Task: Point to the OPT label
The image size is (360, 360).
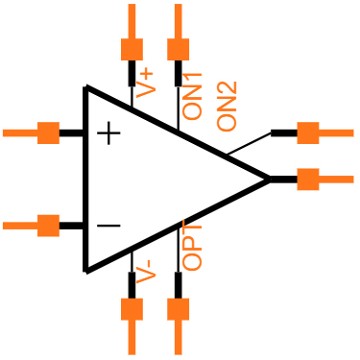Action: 193,248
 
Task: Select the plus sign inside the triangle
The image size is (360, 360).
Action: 109,132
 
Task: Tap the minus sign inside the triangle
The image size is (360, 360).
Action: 109,226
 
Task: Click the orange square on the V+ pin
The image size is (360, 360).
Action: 132,49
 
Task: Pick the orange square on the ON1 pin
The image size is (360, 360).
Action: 178,49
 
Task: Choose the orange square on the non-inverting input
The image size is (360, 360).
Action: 48,132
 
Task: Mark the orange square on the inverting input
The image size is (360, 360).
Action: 48,226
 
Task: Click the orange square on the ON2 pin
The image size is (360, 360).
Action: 307,132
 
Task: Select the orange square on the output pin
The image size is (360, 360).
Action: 307,179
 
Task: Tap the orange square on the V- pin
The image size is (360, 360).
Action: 132,309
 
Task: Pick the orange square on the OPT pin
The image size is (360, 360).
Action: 178,309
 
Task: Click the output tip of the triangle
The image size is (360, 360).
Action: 269,179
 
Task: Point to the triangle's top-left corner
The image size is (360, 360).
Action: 86,88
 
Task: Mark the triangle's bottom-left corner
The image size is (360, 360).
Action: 86,270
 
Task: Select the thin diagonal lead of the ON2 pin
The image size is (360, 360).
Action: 249,143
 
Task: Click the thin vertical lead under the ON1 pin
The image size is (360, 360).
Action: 178,108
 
